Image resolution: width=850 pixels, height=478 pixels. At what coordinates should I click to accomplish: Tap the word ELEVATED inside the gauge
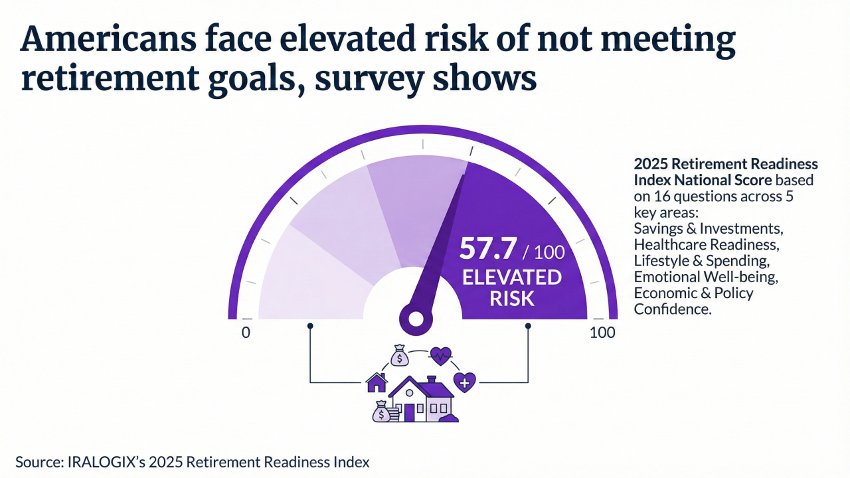pyautogui.click(x=511, y=277)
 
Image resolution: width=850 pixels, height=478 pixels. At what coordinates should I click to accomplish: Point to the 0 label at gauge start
pyautogui.click(x=246, y=333)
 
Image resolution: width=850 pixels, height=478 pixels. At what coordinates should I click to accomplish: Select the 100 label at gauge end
pyautogui.click(x=602, y=333)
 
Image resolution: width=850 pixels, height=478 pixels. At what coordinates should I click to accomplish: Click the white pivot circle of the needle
pyautogui.click(x=416, y=319)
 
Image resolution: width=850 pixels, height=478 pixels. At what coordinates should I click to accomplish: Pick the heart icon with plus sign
pyautogui.click(x=465, y=382)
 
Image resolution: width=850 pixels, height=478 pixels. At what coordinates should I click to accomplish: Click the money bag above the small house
pyautogui.click(x=400, y=356)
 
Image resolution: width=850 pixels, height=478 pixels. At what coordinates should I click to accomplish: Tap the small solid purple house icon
pyautogui.click(x=376, y=382)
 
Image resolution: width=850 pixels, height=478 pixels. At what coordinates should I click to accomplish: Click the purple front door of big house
pyautogui.click(x=409, y=412)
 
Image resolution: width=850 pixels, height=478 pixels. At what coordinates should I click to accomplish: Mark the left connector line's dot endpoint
pyautogui.click(x=310, y=326)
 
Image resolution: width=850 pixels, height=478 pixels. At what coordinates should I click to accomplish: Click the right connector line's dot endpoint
pyautogui.click(x=529, y=326)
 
